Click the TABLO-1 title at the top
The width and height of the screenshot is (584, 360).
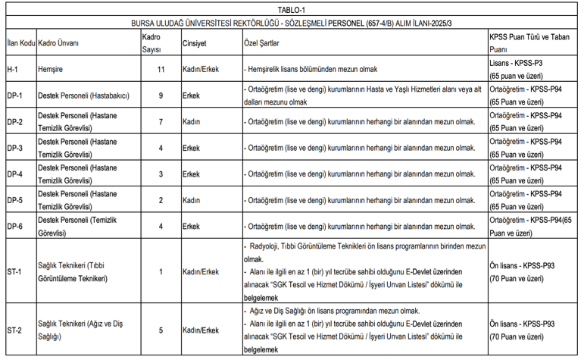(292, 10)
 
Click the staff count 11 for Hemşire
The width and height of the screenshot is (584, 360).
(160, 69)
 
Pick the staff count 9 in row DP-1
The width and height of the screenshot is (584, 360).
(160, 95)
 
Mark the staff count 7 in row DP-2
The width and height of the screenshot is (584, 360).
(160, 121)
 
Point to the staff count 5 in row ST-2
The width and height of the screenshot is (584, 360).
(160, 330)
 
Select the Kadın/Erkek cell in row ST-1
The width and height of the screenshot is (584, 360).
(201, 271)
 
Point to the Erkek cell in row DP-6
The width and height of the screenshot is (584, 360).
(191, 226)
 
